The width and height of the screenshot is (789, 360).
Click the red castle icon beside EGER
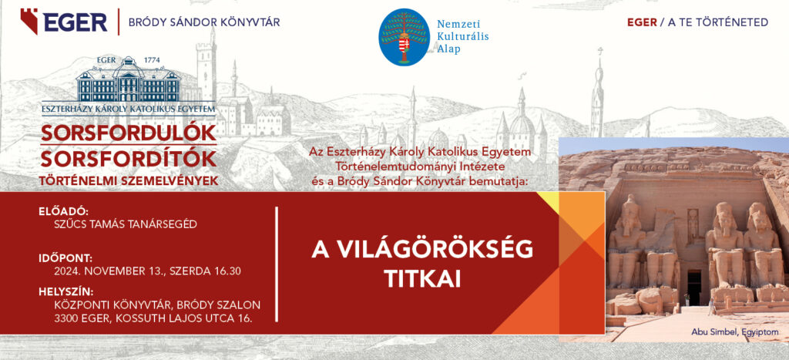(x=29, y=21)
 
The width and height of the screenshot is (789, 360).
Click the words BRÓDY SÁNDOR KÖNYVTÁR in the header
(x=204, y=22)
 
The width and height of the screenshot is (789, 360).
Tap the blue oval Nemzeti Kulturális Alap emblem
(x=404, y=37)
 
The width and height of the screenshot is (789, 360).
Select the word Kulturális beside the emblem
(x=462, y=36)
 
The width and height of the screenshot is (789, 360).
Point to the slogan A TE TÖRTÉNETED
(x=718, y=22)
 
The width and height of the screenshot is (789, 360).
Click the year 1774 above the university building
(x=152, y=60)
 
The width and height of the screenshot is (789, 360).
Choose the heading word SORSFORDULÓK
(x=129, y=133)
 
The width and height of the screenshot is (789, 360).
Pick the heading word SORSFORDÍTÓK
(x=129, y=159)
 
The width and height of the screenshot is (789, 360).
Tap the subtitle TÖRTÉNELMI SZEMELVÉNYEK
(x=129, y=180)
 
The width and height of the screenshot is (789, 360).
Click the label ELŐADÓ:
(x=63, y=212)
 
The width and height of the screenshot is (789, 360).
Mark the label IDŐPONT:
(x=65, y=259)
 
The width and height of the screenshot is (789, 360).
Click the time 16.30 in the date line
(x=227, y=271)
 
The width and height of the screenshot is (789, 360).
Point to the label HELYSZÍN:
(x=66, y=292)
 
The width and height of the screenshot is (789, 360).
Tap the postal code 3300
(x=66, y=318)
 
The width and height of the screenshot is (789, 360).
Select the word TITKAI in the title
(x=422, y=279)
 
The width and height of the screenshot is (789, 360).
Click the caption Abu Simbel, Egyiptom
(x=734, y=331)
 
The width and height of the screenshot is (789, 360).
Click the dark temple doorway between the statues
(x=694, y=287)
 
